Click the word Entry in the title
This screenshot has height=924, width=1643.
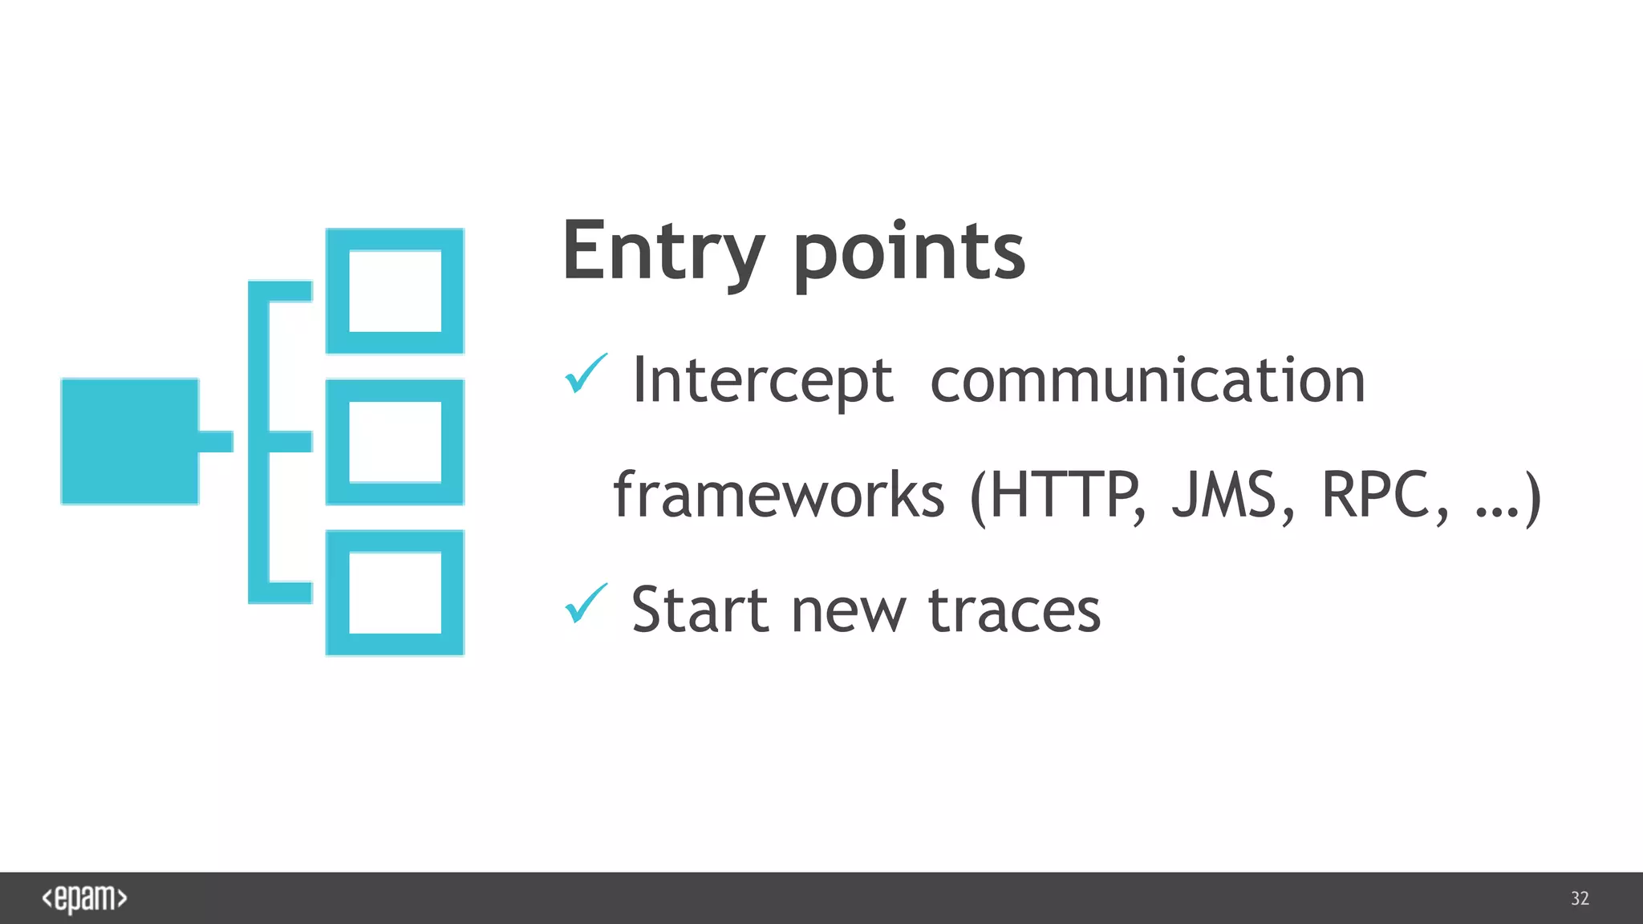663,252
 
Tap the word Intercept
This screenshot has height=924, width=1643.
762,380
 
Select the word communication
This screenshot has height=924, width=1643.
1147,380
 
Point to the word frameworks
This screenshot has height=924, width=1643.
779,495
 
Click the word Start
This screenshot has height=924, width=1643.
700,610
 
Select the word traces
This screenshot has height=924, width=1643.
1014,610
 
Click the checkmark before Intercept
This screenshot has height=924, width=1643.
586,374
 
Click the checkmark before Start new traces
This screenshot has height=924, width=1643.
586,604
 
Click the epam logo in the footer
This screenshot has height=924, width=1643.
84,898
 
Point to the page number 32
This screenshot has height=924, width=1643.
1580,898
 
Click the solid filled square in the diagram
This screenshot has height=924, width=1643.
129,441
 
